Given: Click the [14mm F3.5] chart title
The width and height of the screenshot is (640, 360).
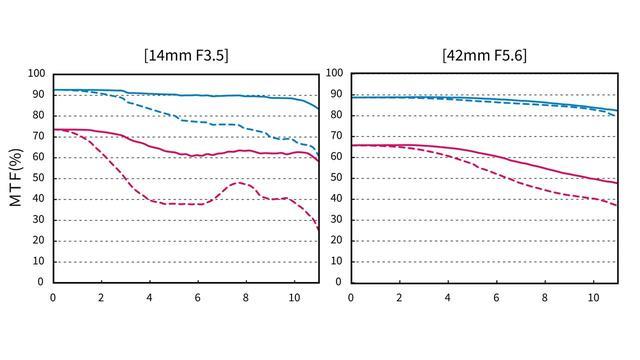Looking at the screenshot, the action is [186, 55].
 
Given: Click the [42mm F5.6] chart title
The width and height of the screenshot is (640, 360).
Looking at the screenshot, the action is [484, 55].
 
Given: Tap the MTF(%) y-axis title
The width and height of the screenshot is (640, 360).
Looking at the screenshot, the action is [16, 178].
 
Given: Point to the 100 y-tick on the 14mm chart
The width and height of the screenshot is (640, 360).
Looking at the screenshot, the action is [36, 74].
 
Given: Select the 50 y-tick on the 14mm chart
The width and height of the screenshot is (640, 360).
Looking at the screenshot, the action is [38, 178].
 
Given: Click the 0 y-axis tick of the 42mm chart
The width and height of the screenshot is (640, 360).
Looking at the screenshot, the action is [338, 282].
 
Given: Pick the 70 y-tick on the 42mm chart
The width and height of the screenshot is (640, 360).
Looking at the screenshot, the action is [336, 136].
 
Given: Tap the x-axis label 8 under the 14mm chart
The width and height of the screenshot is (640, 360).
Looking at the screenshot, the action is [246, 298].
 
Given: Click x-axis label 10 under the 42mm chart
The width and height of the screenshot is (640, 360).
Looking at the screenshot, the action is [593, 298].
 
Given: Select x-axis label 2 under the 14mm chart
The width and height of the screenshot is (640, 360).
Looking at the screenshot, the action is [101, 298].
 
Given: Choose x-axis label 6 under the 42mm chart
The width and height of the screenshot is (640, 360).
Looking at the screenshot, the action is [496, 298].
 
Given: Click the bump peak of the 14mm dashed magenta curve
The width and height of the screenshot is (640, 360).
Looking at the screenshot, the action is [239, 182].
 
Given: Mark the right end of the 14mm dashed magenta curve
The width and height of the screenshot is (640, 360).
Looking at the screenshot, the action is [318, 230].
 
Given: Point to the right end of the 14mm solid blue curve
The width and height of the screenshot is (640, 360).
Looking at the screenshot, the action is [318, 109].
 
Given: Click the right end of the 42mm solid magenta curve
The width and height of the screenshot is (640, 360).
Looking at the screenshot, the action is [617, 183].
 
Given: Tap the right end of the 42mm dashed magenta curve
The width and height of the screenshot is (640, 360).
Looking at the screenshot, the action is [617, 205].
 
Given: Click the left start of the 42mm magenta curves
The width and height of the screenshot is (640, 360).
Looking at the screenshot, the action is [352, 145].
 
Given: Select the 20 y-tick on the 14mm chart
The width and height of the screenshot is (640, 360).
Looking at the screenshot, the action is [38, 240].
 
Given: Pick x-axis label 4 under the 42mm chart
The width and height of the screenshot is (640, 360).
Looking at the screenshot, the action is [448, 298].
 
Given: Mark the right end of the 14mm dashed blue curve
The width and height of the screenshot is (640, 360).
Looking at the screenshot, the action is [318, 156].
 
